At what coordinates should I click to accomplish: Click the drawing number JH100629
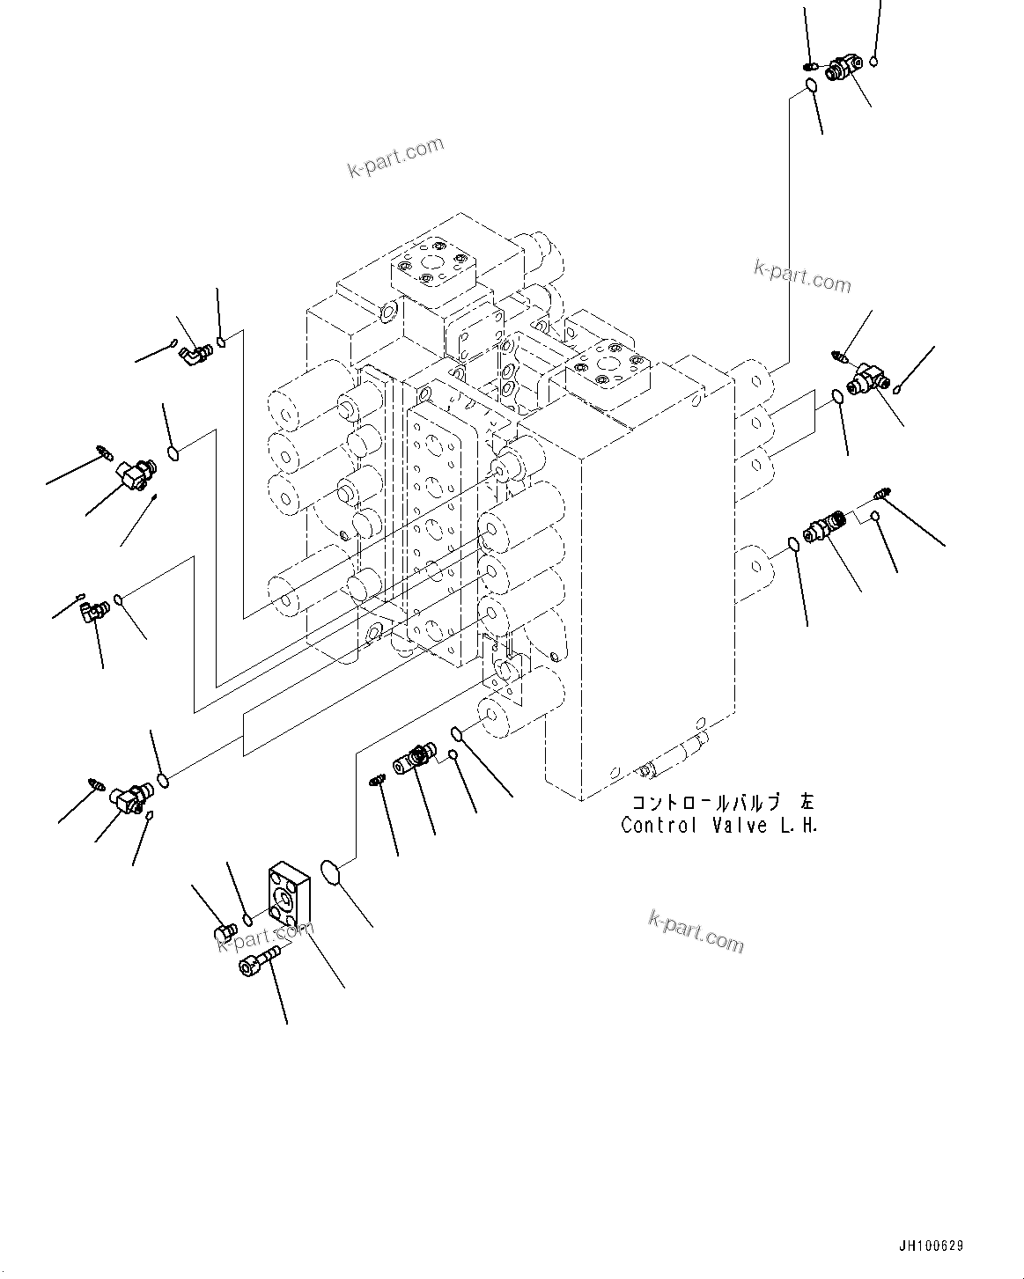point(931,1246)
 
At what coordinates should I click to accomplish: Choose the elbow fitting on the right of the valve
point(867,379)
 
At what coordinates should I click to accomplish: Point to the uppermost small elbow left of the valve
point(195,353)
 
